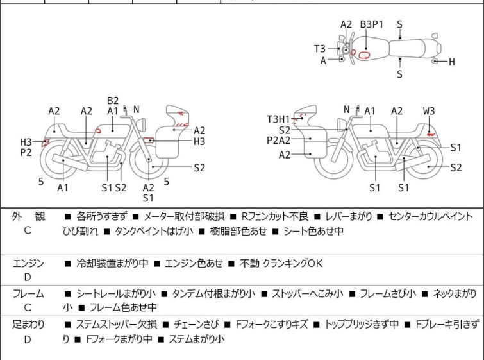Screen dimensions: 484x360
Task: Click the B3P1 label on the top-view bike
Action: [372, 24]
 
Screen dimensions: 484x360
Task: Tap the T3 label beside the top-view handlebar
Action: [320, 49]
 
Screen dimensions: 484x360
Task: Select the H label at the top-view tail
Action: [451, 62]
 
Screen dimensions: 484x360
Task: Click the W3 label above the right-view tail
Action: [429, 111]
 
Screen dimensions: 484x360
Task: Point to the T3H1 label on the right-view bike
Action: [278, 119]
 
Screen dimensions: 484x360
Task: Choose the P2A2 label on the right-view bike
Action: [278, 141]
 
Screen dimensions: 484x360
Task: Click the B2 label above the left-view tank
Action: [113, 101]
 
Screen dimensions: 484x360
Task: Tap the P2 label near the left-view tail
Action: [26, 152]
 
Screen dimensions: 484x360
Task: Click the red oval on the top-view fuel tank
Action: [364, 55]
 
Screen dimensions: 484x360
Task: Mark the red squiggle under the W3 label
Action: [431, 134]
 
